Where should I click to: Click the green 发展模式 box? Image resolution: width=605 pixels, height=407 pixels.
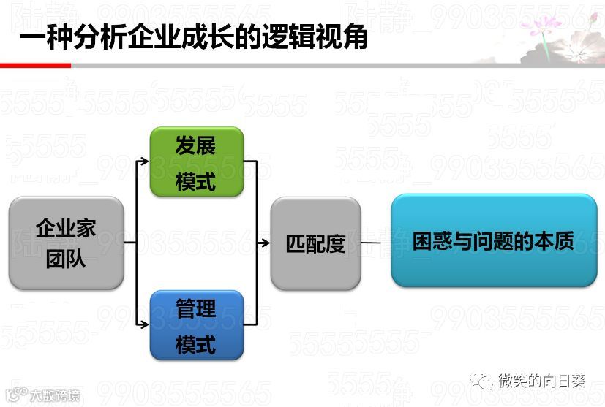[x=196, y=162]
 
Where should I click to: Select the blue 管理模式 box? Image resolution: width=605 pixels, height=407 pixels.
[x=196, y=325]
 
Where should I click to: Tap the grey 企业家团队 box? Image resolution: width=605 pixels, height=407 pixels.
[x=66, y=243]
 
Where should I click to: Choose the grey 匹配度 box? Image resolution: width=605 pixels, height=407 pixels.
[x=315, y=243]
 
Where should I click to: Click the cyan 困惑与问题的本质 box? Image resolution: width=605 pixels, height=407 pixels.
[x=494, y=240]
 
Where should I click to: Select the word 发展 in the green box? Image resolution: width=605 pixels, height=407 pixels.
[x=196, y=145]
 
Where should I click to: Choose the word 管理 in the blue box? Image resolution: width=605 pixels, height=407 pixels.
[x=196, y=308]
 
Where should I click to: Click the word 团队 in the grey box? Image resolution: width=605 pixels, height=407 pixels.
[x=66, y=259]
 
